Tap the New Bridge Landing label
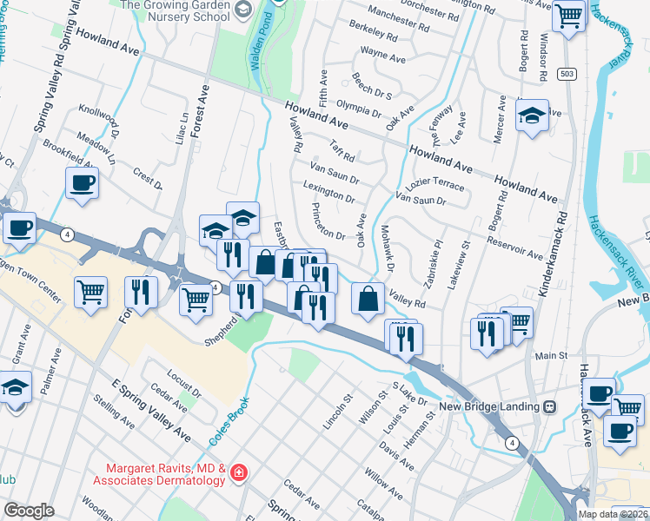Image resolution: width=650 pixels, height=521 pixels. (490, 406)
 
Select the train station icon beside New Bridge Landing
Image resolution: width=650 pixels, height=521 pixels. (549, 406)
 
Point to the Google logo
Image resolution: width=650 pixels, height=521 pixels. (29, 511)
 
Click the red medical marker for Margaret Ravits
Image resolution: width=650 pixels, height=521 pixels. (238, 473)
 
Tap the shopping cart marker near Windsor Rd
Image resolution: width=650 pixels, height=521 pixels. (568, 16)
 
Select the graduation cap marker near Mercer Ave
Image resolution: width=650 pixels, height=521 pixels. (531, 115)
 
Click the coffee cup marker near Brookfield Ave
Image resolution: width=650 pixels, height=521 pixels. (82, 183)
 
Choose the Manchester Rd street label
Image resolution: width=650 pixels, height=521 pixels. (401, 14)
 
